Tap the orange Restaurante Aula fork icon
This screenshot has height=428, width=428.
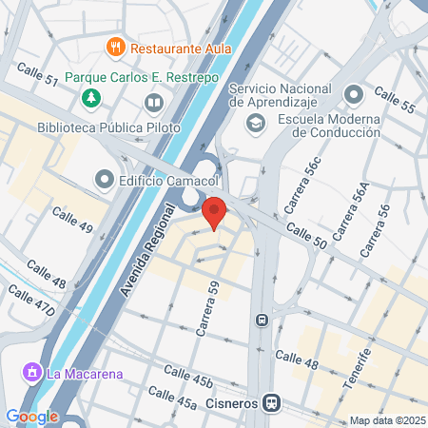tap(115, 46)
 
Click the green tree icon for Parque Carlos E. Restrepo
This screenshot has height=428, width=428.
tap(91, 97)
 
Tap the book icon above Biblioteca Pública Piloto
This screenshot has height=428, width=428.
tap(152, 102)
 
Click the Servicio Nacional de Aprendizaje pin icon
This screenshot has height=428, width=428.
tap(354, 95)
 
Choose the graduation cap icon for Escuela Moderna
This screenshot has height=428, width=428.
tap(255, 123)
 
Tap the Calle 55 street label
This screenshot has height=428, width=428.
tap(394, 100)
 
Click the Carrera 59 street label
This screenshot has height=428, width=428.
tap(207, 308)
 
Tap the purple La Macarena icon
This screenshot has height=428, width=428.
tap(32, 373)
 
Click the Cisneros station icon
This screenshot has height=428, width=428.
tap(272, 402)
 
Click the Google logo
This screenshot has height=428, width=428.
tap(31, 416)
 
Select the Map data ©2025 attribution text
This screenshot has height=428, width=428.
tap(385, 420)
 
